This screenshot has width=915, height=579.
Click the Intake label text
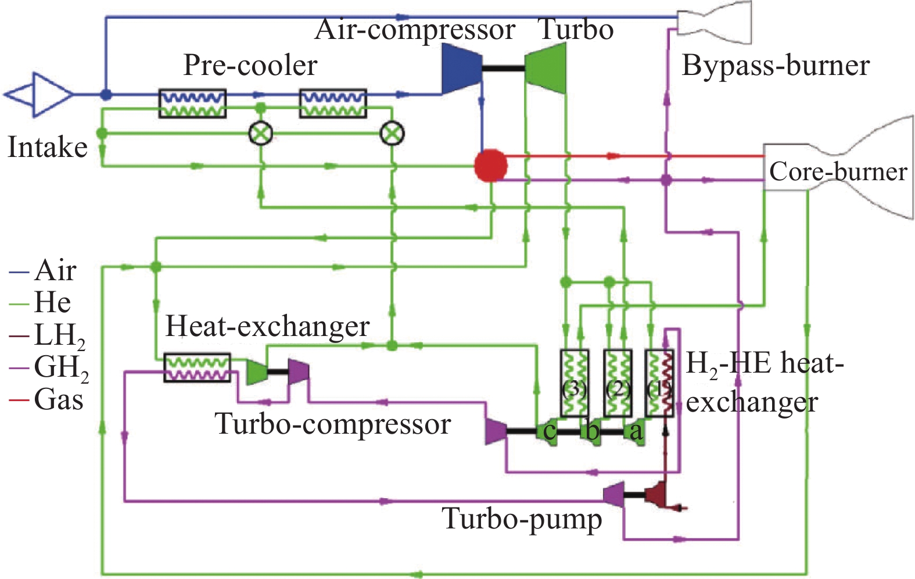click(48, 146)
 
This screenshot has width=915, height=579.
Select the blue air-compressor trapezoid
click(461, 69)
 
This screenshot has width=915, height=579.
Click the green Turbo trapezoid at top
click(546, 69)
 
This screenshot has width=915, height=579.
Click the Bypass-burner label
click(775, 65)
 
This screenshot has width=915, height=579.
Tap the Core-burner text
click(838, 171)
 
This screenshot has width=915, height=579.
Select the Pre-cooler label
click(250, 65)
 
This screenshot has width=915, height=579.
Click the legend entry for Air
click(44, 270)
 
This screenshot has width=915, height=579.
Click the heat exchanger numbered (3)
click(574, 383)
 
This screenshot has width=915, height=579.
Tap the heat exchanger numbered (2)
click(618, 383)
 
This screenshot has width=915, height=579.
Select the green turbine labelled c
click(548, 431)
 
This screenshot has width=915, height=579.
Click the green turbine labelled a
click(636, 431)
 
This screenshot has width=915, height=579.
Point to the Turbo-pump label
click(522, 519)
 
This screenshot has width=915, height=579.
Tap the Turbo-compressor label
click(332, 424)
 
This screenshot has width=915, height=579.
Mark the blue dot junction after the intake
click(106, 94)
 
